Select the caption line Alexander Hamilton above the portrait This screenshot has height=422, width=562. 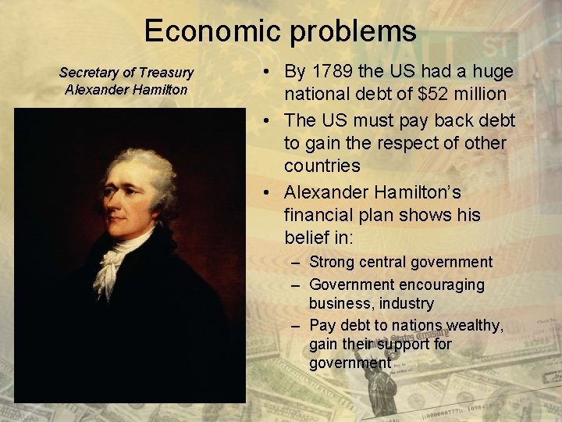126,89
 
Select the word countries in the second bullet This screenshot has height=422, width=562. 322,166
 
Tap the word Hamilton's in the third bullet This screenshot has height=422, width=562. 422,192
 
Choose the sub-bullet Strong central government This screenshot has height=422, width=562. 400,262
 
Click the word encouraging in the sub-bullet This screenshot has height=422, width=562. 441,284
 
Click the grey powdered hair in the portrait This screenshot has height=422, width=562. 153,168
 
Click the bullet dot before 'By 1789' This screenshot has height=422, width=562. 267,73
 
